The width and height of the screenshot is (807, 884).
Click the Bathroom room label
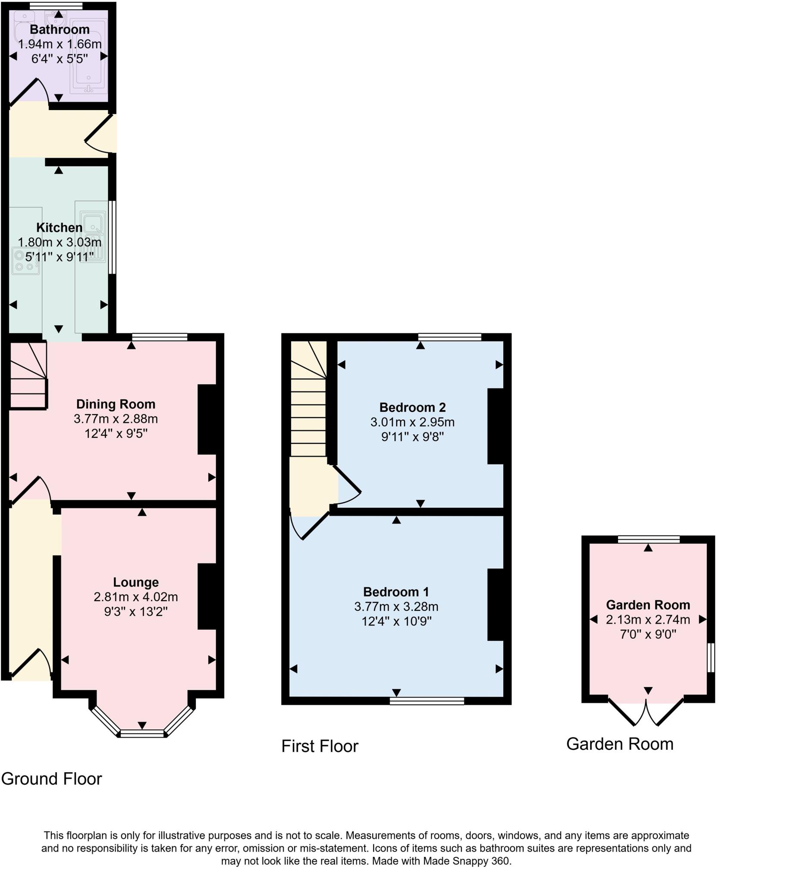pos(60,29)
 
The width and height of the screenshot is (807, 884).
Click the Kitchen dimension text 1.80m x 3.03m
pos(60,242)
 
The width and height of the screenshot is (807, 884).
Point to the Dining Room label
pos(116,404)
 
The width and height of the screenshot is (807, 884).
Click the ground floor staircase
pos(28,376)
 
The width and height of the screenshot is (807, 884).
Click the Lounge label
pos(136,582)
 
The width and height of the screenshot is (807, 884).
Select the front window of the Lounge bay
pos(142,734)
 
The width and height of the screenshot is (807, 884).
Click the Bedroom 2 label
pos(412,407)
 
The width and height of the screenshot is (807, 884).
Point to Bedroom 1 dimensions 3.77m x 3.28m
pos(396,606)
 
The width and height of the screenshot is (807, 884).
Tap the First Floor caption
pos(319,746)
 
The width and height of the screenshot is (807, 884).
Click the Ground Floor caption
pos(51,779)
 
